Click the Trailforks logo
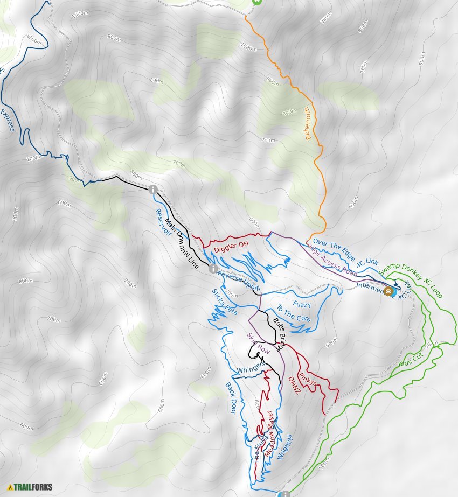30,487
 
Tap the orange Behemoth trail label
308,123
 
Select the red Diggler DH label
231,247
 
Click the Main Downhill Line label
182,244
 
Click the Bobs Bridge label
278,334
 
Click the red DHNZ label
294,385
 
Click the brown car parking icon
388,292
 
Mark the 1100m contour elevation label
33,39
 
